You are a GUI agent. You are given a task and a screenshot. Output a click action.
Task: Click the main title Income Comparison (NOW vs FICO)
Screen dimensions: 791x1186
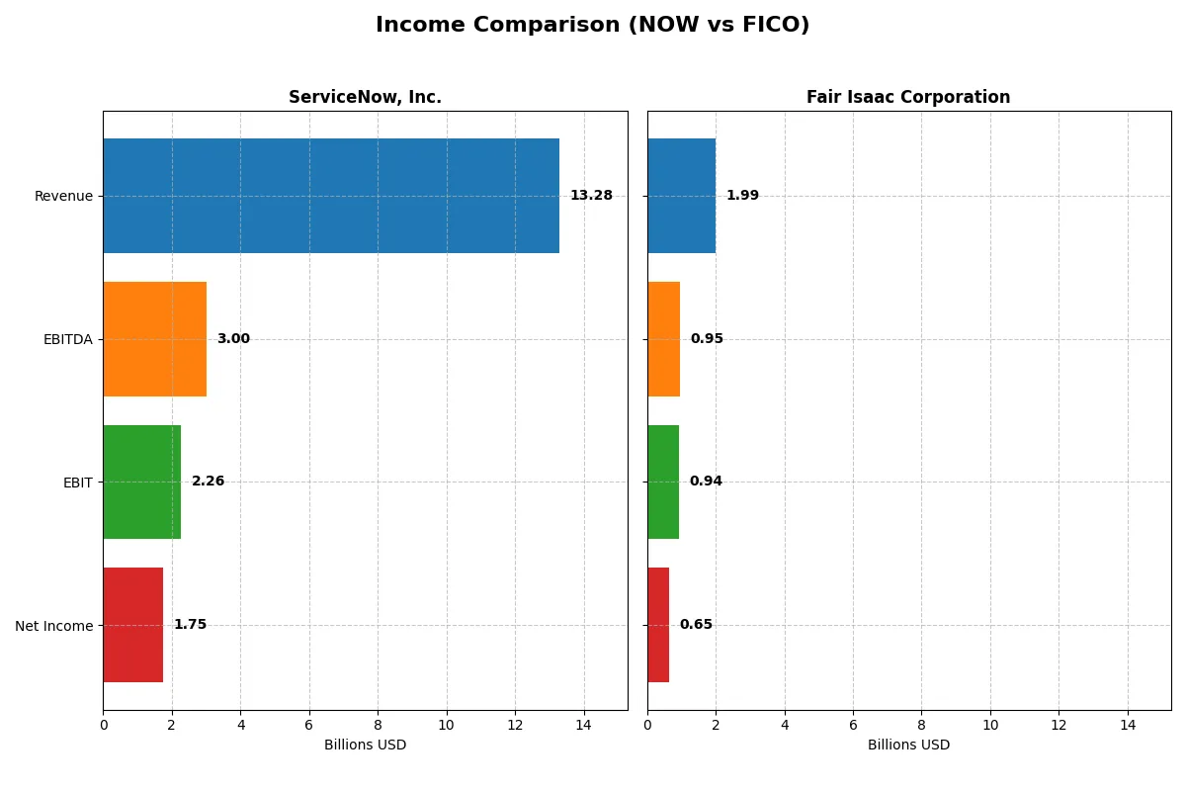click(x=592, y=26)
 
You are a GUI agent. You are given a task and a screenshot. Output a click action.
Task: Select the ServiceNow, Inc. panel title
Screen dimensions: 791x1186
click(x=365, y=97)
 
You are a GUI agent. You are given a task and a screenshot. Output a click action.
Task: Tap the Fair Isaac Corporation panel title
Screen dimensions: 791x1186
click(x=908, y=97)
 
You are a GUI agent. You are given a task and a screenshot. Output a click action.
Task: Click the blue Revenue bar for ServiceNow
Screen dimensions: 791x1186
click(x=331, y=196)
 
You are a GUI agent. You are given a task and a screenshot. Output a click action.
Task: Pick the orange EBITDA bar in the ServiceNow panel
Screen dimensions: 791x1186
click(x=155, y=339)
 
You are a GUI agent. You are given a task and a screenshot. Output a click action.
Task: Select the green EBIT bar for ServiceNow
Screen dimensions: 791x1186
click(x=142, y=482)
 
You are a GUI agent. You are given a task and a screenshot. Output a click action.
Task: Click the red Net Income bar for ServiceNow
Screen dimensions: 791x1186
click(x=133, y=625)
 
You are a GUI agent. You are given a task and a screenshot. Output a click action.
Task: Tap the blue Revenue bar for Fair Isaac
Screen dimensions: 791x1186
click(x=681, y=196)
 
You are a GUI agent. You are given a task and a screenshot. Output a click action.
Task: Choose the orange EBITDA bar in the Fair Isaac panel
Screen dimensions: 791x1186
click(x=663, y=339)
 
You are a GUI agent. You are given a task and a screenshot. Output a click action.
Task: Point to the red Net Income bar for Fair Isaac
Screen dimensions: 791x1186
click(x=658, y=625)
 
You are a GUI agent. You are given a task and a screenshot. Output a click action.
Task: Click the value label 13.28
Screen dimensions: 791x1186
click(x=591, y=196)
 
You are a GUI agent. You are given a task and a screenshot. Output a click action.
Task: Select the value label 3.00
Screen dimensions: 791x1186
click(x=233, y=339)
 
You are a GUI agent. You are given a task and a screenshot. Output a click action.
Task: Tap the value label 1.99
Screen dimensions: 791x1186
click(x=742, y=196)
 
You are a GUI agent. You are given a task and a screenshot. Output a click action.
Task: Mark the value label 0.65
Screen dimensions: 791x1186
click(x=696, y=625)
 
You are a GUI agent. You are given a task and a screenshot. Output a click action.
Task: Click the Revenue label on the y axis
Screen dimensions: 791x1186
click(x=63, y=196)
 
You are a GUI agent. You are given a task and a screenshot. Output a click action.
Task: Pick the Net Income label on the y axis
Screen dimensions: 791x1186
click(x=54, y=626)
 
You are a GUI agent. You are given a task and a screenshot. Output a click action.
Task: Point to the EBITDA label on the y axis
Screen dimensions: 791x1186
click(x=67, y=339)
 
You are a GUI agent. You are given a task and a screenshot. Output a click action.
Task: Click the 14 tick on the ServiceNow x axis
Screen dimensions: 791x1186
click(x=584, y=725)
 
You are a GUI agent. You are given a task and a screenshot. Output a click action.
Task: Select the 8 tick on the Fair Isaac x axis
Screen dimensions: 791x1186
click(x=921, y=725)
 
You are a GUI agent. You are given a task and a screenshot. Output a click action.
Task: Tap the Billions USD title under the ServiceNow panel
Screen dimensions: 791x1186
click(x=365, y=745)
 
